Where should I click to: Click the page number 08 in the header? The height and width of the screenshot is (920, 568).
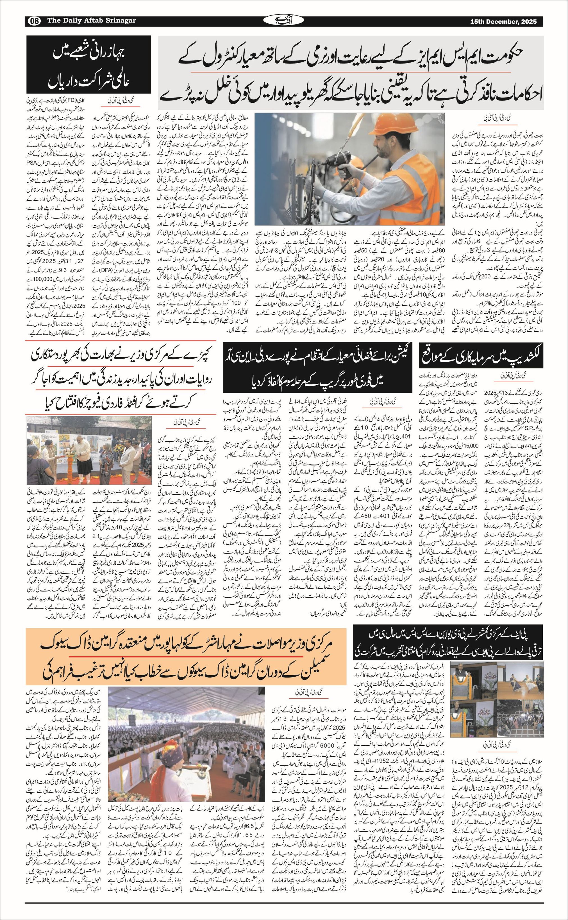click(x=35, y=21)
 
